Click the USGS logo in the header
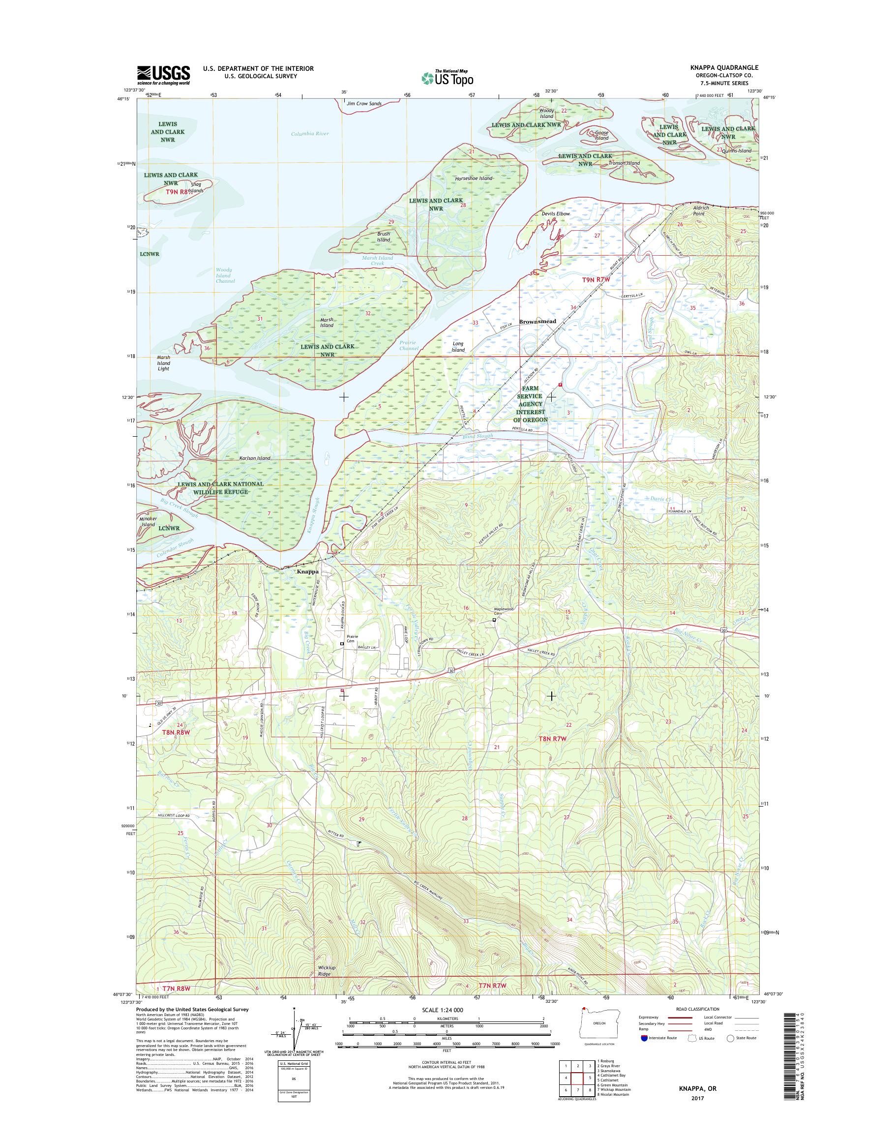pyautogui.click(x=163, y=75)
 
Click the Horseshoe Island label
pyautogui.click(x=474, y=178)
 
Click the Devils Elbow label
pyautogui.click(x=556, y=214)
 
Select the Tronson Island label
pyautogui.click(x=624, y=163)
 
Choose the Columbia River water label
pyautogui.click(x=310, y=134)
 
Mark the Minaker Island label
pyautogui.click(x=149, y=521)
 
